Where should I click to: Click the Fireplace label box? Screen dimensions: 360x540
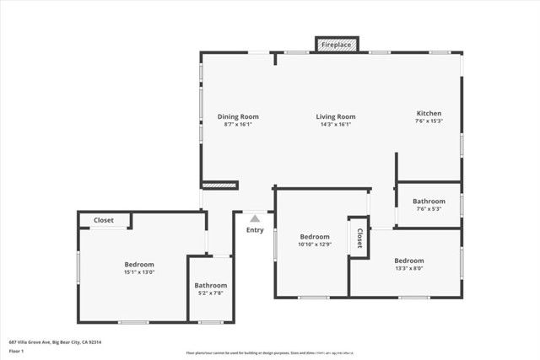337,44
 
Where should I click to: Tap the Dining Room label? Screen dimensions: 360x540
238,116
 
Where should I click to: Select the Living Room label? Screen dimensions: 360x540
336,116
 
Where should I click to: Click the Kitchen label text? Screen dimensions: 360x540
429,113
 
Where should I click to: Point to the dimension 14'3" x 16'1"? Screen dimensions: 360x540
336,125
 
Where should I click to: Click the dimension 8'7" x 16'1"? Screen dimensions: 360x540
238,125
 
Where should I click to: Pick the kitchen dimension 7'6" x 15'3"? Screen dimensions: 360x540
429,121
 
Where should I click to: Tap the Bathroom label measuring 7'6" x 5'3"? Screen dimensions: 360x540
429,201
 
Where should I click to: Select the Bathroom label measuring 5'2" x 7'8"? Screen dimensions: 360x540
210,285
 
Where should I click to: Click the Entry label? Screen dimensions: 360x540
255,229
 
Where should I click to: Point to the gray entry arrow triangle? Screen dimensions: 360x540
255,218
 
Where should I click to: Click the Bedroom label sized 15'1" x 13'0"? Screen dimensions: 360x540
139,264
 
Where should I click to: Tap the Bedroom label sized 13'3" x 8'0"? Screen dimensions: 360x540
408,261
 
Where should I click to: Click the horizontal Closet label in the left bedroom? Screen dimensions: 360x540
104,220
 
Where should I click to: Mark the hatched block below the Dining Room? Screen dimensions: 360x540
220,184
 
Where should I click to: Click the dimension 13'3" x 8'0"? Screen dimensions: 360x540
408,269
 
